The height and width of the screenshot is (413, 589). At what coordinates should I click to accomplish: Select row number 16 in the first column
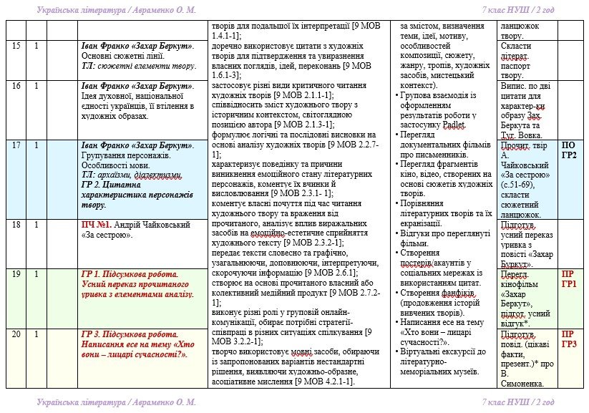click(16, 86)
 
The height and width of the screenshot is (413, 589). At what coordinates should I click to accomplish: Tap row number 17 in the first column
click(16, 145)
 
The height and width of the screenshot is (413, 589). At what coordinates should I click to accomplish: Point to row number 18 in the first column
click(16, 224)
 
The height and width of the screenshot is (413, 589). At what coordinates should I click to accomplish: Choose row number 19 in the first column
click(16, 274)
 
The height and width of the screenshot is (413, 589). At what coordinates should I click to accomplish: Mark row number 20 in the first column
click(16, 334)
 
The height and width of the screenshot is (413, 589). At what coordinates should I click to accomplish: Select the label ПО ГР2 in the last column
click(568, 150)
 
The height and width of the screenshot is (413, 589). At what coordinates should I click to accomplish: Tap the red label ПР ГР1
click(568, 279)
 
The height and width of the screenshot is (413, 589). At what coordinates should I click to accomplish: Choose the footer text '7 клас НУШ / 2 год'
click(518, 402)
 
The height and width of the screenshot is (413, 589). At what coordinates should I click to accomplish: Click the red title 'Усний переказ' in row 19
click(112, 284)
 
